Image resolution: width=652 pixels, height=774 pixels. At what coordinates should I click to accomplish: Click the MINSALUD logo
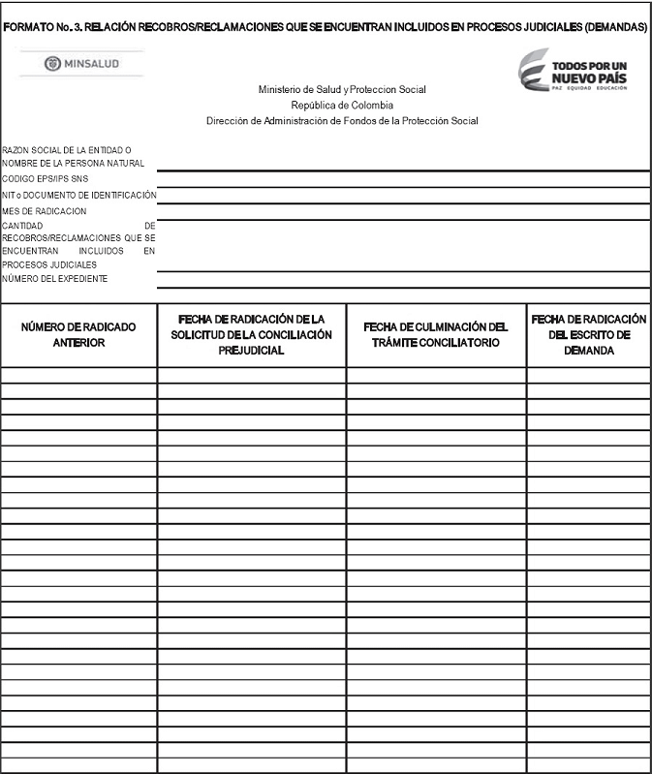point(80,63)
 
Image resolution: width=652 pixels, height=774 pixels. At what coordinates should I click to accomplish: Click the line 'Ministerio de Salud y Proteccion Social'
point(341,90)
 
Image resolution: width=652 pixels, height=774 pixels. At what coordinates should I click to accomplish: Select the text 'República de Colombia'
point(342,106)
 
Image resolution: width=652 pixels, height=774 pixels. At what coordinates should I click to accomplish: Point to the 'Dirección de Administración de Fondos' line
point(342,121)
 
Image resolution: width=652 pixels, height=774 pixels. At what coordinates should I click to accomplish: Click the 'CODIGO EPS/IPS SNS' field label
point(44,179)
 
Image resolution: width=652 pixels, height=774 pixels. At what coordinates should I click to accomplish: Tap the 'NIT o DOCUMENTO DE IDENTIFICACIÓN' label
point(78,195)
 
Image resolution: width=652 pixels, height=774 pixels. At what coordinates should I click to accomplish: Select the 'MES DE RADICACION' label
point(44,211)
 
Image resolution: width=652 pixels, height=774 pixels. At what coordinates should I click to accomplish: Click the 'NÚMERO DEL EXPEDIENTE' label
point(54,279)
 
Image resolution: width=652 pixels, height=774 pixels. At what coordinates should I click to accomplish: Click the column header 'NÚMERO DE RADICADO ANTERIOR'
point(78,334)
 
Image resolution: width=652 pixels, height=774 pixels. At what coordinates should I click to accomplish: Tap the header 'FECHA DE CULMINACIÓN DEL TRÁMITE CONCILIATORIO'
point(436,334)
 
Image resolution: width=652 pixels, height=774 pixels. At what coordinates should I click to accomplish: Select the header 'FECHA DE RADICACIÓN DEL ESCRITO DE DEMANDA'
point(588,334)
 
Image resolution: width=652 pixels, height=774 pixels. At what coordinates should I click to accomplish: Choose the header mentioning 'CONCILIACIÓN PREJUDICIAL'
point(251,334)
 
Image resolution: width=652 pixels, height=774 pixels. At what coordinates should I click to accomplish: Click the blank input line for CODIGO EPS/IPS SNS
point(403,180)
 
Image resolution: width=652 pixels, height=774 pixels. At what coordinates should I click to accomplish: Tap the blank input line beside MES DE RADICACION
point(403,212)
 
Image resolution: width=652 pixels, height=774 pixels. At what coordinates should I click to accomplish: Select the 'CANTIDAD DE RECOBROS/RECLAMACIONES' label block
point(78,244)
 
